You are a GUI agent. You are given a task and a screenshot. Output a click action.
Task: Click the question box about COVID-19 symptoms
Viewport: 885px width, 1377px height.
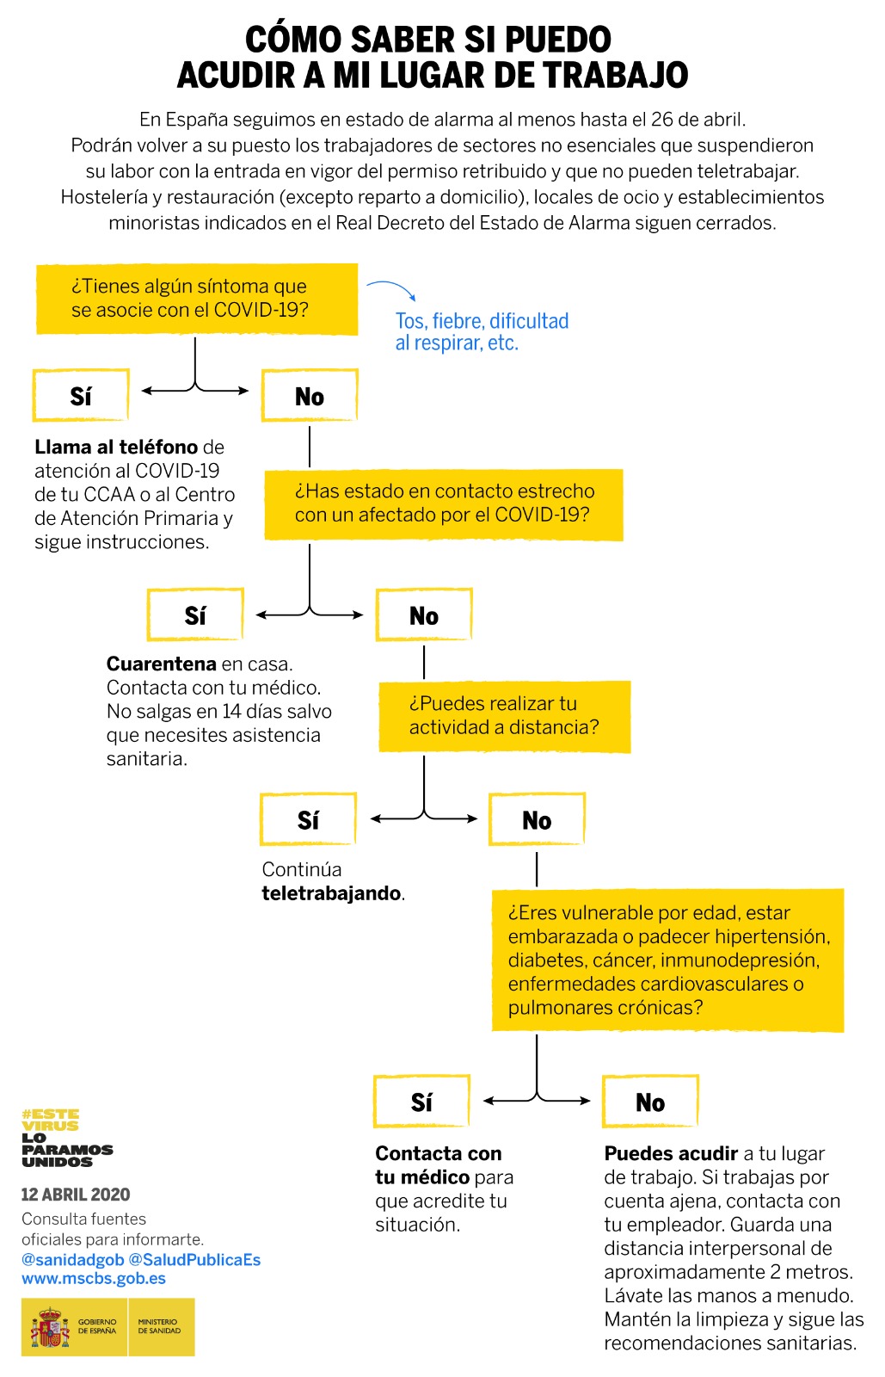click(x=196, y=299)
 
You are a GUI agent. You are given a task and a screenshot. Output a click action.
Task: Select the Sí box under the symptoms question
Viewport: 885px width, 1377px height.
click(x=81, y=396)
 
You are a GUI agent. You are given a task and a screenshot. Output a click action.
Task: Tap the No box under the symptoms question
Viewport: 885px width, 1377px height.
click(x=310, y=396)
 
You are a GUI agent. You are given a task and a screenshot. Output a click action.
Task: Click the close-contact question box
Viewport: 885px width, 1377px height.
click(x=444, y=503)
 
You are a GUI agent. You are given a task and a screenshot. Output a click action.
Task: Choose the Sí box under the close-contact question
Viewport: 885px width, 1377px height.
click(x=195, y=615)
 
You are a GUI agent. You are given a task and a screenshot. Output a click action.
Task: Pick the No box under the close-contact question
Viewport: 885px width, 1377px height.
click(x=424, y=615)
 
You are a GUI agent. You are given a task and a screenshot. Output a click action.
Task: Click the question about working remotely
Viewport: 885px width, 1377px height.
click(x=504, y=716)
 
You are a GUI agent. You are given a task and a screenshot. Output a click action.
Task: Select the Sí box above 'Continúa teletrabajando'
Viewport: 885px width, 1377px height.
click(x=308, y=820)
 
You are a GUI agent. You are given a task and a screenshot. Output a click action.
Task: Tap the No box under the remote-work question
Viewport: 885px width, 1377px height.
click(x=537, y=820)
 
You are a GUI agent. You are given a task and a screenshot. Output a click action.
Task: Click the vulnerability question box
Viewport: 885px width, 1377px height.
click(x=667, y=960)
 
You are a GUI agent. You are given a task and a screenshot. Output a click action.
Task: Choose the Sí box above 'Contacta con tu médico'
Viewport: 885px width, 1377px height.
click(x=421, y=1102)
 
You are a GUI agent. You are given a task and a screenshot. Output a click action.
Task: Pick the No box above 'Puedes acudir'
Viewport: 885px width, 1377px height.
click(x=650, y=1102)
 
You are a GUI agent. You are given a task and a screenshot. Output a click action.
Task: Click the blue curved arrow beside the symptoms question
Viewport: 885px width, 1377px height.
click(x=392, y=289)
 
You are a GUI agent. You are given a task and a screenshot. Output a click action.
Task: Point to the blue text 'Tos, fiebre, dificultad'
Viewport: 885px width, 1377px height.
click(x=482, y=321)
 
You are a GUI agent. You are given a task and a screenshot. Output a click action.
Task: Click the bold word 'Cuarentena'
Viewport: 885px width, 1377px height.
click(x=161, y=664)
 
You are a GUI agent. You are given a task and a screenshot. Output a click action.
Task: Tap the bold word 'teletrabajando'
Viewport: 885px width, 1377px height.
click(x=331, y=893)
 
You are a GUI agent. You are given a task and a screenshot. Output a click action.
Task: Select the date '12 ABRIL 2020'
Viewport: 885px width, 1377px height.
click(x=76, y=1195)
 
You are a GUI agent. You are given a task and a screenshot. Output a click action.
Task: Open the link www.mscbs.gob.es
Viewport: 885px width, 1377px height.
click(x=94, y=1278)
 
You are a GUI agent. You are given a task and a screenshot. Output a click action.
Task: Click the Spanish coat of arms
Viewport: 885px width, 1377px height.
click(x=50, y=1327)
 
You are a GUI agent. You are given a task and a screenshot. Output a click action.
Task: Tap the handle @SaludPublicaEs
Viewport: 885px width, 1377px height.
click(x=194, y=1259)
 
